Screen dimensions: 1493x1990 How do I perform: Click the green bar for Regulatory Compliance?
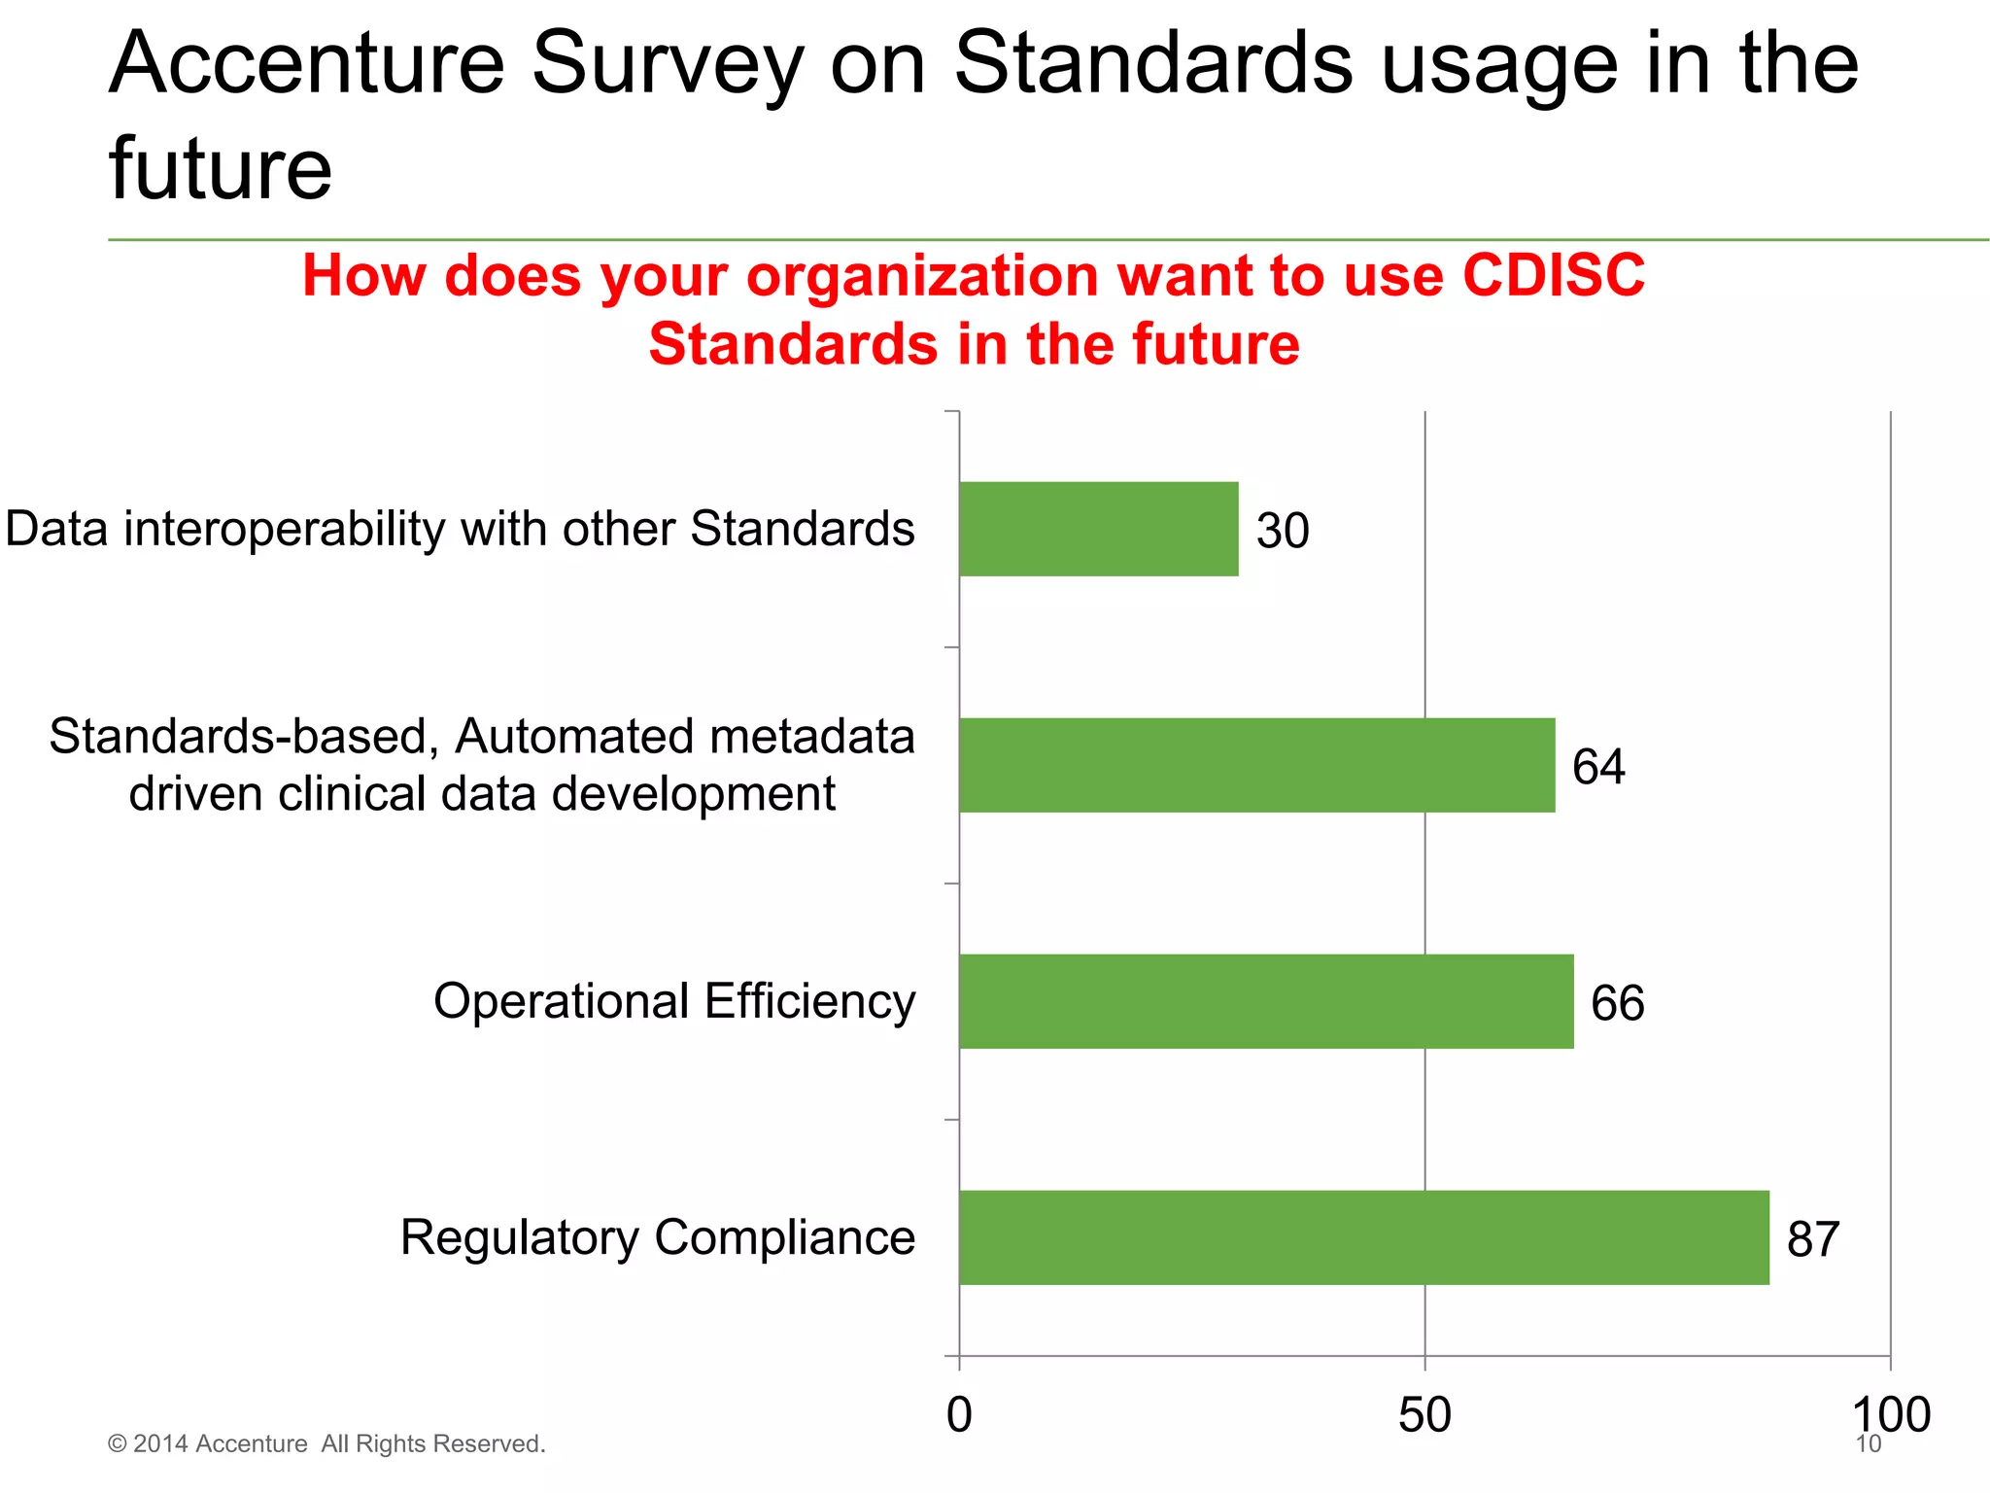point(1363,1237)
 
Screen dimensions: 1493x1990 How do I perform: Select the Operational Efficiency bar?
point(1266,1001)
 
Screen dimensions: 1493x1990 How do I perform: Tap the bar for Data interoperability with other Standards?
point(1098,529)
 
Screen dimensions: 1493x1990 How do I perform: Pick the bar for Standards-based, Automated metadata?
point(1256,765)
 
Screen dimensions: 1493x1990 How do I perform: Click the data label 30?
point(1283,531)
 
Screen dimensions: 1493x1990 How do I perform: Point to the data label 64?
point(1598,767)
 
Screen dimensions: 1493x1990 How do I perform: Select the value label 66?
point(1617,1003)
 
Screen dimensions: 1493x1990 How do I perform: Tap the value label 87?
point(1813,1239)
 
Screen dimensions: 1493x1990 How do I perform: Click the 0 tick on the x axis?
point(959,1415)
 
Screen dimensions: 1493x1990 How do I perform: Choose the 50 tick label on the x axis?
point(1424,1415)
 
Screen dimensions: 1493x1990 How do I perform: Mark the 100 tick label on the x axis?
point(1890,1415)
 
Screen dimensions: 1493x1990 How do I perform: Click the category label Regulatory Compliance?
point(658,1237)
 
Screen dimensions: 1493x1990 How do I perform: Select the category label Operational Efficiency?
point(674,1001)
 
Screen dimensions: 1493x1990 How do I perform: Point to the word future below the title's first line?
point(221,169)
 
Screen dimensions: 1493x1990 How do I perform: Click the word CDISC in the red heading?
point(1553,275)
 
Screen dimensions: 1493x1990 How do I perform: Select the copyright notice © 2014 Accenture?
point(326,1443)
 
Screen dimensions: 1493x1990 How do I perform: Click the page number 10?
point(1869,1444)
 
